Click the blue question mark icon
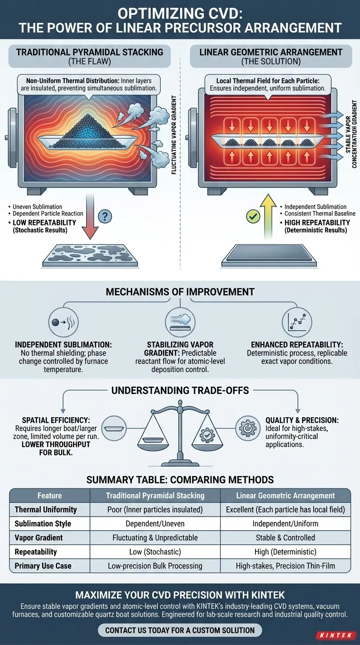pyautogui.click(x=105, y=216)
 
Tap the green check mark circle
pyautogui.click(x=253, y=217)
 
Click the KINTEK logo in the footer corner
pyautogui.click(x=335, y=635)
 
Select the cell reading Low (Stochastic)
pyautogui.click(x=155, y=552)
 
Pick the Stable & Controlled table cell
pyautogui.click(x=285, y=538)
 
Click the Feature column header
pyautogui.click(x=50, y=495)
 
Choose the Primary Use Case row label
pyautogui.click(x=43, y=566)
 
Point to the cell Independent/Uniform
pyautogui.click(x=285, y=524)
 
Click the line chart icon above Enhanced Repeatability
pyautogui.click(x=297, y=322)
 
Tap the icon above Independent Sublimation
pyautogui.click(x=63, y=322)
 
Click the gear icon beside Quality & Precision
pyautogui.click(x=247, y=428)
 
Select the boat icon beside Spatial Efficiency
pyautogui.click(x=114, y=428)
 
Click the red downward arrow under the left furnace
pyautogui.click(x=90, y=216)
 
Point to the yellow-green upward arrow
pyautogui.click(x=268, y=216)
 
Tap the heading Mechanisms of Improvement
pyautogui.click(x=180, y=292)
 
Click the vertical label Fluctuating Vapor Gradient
pyautogui.click(x=173, y=135)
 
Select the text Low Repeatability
pyautogui.click(x=45, y=223)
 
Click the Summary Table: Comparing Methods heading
pyautogui.click(x=180, y=480)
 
